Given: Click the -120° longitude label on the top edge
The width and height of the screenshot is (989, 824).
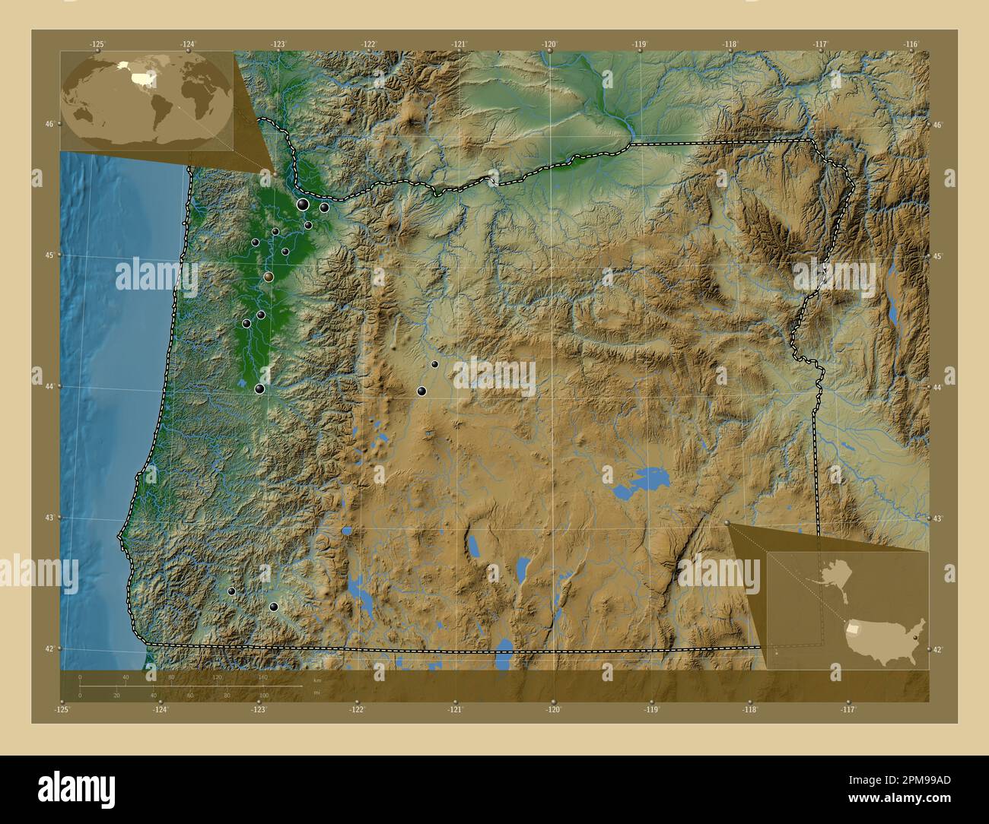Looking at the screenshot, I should [550, 44].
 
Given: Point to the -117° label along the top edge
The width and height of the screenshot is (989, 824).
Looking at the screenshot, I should [820, 44].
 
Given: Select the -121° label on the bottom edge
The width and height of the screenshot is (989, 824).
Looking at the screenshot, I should [455, 710].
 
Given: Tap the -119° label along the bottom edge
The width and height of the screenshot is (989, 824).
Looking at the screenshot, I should [652, 710].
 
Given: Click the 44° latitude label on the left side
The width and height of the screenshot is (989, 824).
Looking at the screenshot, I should [48, 386].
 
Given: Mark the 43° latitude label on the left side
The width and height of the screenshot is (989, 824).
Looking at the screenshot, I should [48, 518].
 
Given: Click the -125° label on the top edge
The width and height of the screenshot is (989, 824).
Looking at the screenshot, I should [97, 44].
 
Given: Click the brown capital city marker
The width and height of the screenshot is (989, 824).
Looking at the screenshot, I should [269, 277].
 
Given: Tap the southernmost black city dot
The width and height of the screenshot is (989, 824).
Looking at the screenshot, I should [273, 607].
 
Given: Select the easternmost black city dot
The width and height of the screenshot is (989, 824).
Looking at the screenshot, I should [434, 364].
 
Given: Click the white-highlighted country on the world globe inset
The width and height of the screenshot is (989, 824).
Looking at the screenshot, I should [142, 77].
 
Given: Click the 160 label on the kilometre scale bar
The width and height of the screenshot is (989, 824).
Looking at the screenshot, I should [263, 677].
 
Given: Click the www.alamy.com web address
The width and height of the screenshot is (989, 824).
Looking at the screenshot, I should [898, 798].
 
